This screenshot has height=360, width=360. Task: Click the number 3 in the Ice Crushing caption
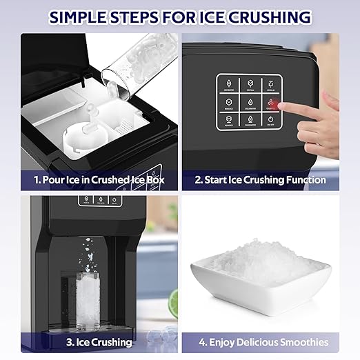click(x=68, y=342)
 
